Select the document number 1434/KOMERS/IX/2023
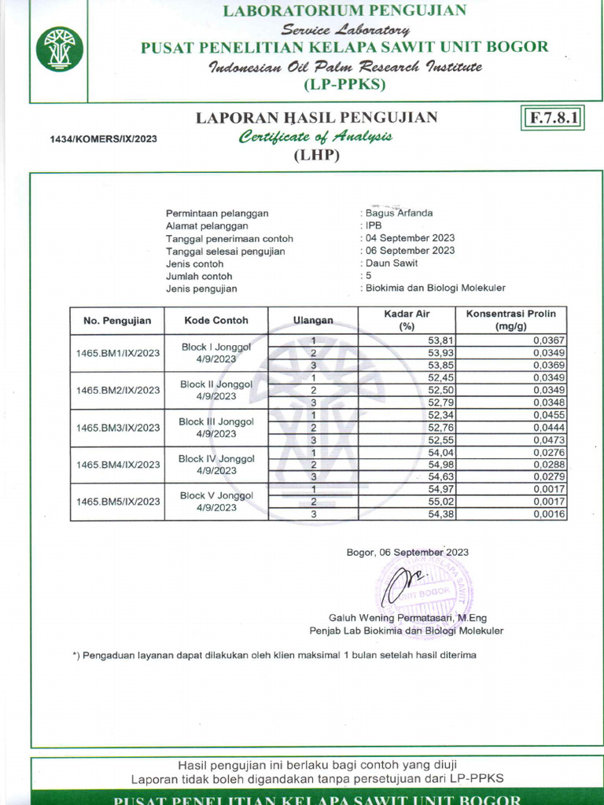pos(104,139)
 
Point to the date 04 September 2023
pos(410,238)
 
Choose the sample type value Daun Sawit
pos(392,263)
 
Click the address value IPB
pos(374,226)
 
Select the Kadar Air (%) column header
pos(407,320)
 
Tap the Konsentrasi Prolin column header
pos(510,320)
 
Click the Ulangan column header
pos(313,321)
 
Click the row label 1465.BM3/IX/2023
pos(118,428)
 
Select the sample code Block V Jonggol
pos(216,496)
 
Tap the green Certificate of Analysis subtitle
pos(315,137)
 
